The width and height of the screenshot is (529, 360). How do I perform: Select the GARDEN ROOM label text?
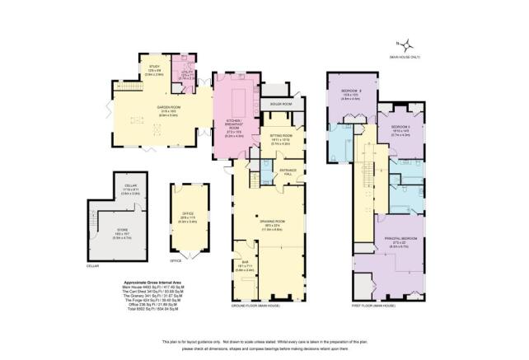coord(170,107)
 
